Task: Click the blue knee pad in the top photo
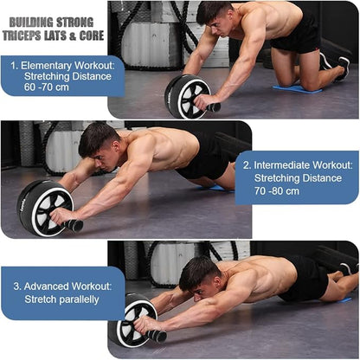click(297, 87)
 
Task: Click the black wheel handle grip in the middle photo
click(75, 226)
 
